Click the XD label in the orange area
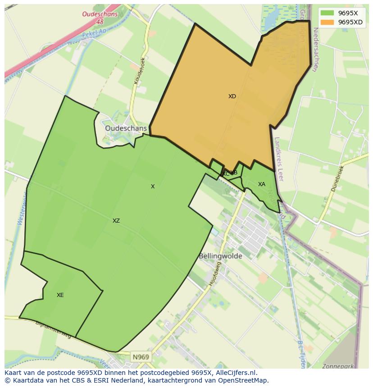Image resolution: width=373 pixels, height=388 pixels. click(x=232, y=96)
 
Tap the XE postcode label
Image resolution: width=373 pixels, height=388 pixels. click(x=60, y=295)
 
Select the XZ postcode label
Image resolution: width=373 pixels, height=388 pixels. click(x=116, y=221)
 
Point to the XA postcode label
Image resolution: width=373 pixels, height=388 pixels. click(x=262, y=184)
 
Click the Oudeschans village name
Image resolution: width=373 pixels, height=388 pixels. click(x=126, y=128)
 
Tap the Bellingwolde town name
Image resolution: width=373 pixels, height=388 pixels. click(x=220, y=256)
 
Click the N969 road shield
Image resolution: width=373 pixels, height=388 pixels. click(x=141, y=357)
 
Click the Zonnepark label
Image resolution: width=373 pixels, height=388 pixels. click(x=338, y=366)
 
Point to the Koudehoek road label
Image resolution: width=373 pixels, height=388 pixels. click(x=140, y=71)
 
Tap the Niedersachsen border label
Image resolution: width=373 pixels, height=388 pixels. click(x=315, y=50)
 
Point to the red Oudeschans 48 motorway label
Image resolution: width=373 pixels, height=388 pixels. click(x=100, y=18)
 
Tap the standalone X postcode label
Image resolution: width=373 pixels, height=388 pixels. click(x=153, y=187)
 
